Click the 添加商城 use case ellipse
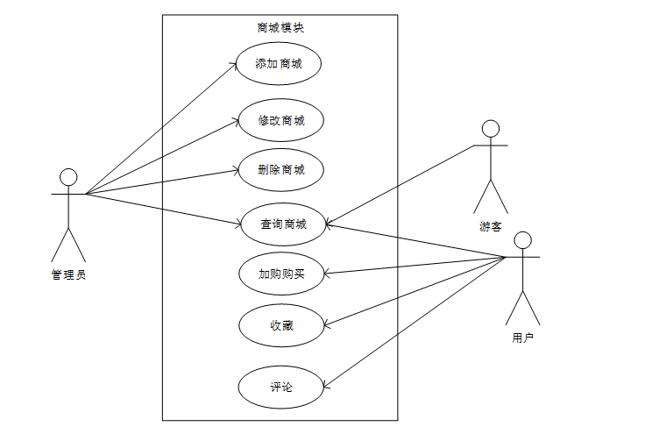279,64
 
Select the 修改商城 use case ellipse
281,121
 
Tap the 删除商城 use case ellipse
281,170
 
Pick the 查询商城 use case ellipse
282,224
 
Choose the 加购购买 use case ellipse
281,274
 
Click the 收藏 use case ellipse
281,326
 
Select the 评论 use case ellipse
281,387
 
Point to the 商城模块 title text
280,27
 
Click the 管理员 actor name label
68,274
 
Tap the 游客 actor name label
491,226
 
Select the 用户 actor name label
522,336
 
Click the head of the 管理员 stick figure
68,178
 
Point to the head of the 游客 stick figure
491,130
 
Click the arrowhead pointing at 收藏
327,324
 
